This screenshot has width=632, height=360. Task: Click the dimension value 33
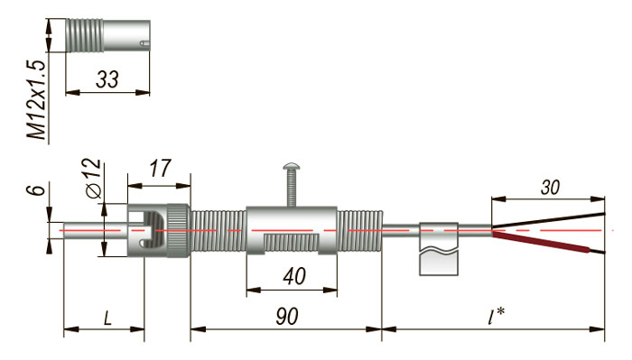click(x=107, y=79)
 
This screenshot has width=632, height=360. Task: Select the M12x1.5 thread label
click(x=37, y=100)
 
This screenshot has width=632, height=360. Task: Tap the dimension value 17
click(x=160, y=169)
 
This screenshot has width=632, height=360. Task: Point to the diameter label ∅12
click(x=93, y=179)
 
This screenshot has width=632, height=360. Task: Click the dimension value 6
click(x=38, y=189)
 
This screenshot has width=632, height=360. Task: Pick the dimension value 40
click(x=293, y=276)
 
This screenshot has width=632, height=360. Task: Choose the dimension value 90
click(x=287, y=317)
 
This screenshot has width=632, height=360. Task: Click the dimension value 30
click(x=550, y=188)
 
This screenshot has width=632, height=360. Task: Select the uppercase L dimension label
click(x=107, y=318)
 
